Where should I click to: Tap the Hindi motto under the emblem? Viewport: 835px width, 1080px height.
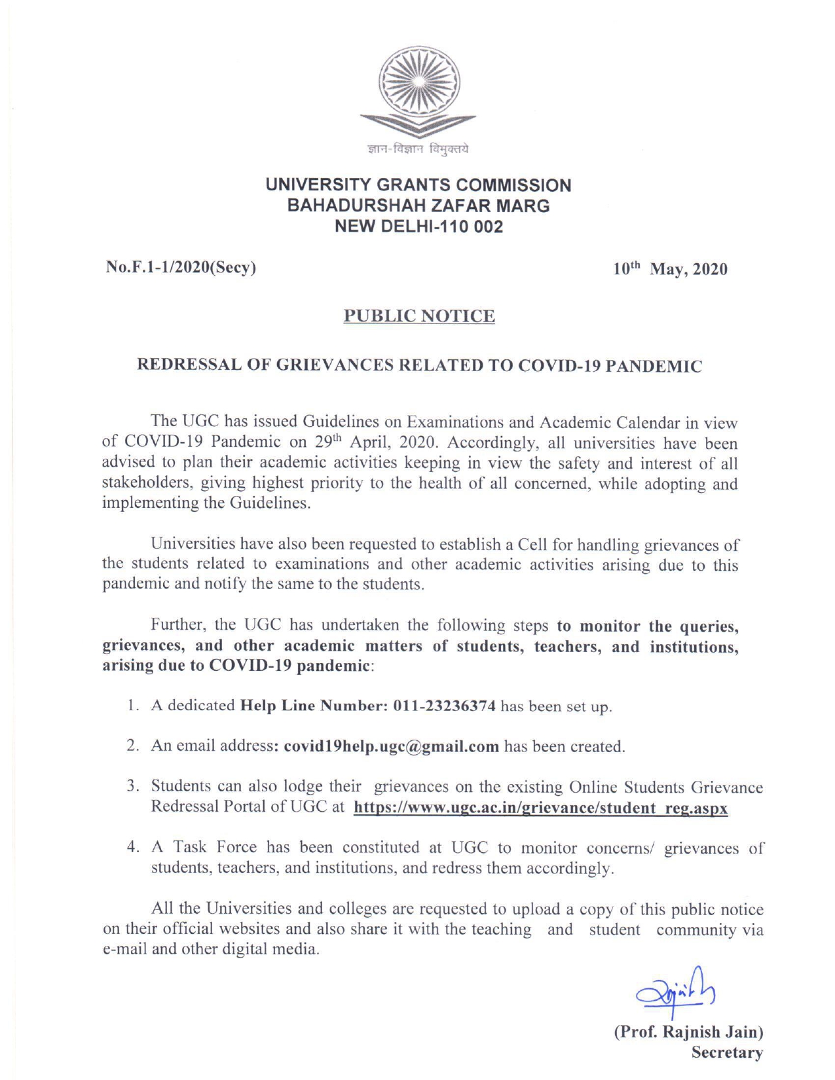(418, 150)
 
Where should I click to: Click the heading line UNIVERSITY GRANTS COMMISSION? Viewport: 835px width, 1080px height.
(418, 185)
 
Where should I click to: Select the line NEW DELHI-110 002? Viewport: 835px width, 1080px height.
(418, 227)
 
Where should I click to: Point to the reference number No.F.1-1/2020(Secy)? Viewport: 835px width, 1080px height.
(180, 268)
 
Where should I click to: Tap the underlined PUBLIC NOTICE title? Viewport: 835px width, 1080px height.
(419, 317)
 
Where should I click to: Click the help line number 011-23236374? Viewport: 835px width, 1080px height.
(443, 706)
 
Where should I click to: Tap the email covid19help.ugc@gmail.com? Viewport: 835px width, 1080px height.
(391, 746)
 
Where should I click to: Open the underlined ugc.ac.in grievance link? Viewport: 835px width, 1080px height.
(540, 808)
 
